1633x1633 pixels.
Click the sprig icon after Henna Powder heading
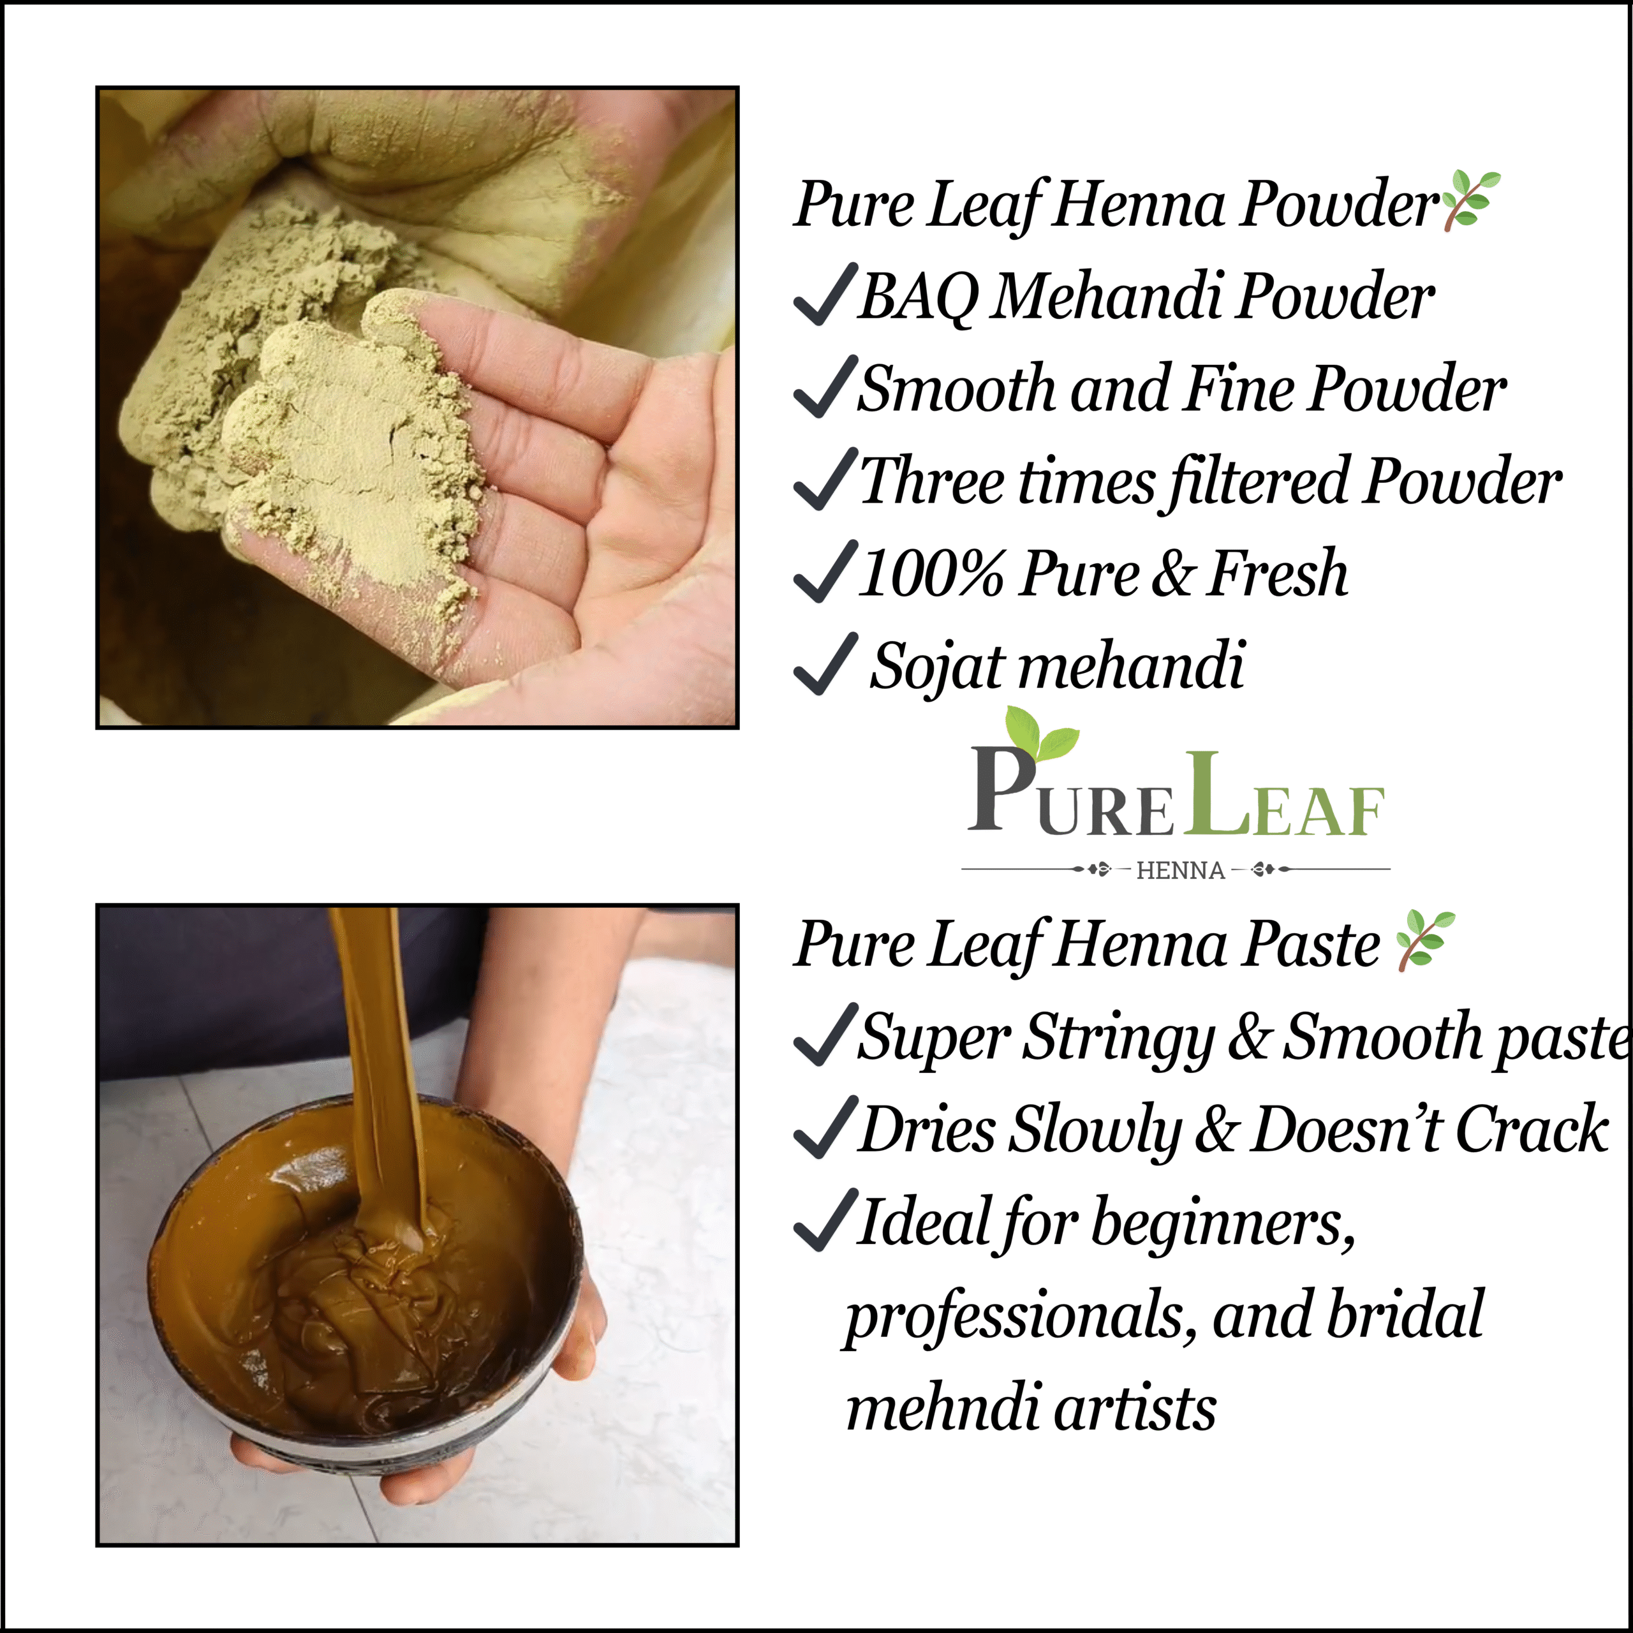(x=1472, y=200)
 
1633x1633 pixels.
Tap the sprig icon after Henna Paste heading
(x=1425, y=939)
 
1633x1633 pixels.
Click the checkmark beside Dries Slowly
(x=825, y=1127)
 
